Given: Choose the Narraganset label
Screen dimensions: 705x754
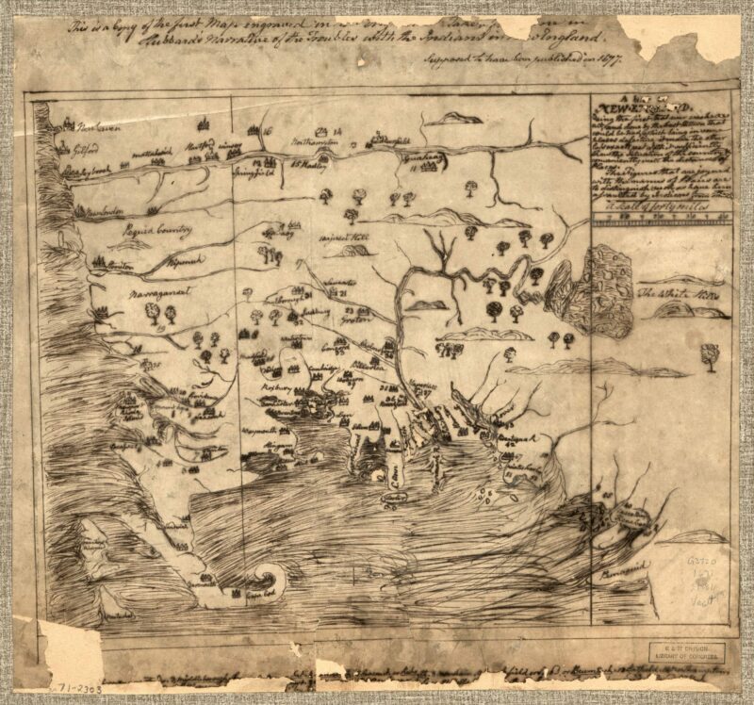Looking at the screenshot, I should (x=161, y=295).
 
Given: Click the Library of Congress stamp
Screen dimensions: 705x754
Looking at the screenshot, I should (x=685, y=652).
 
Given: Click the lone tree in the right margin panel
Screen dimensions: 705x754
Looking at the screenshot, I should (x=709, y=354).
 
